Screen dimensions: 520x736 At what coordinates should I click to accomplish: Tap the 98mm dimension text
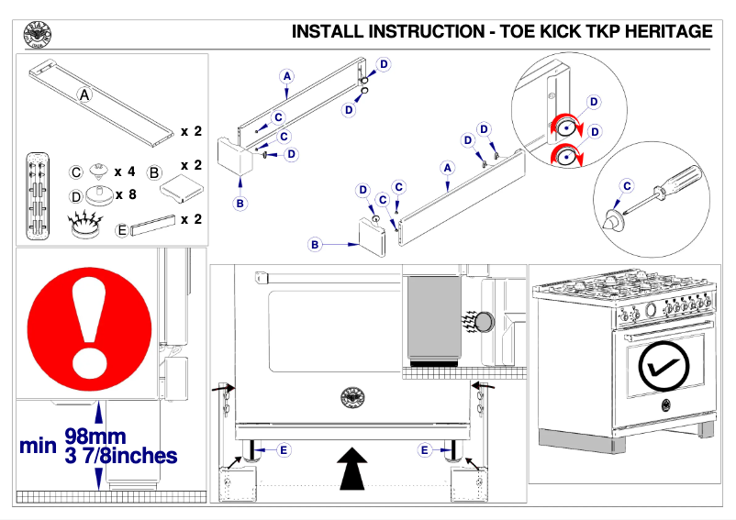(x=95, y=437)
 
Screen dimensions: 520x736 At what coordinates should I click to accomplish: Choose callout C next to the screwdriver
(x=628, y=186)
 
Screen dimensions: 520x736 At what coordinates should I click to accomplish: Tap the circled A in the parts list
(x=84, y=94)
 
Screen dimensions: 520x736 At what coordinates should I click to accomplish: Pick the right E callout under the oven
(x=424, y=450)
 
